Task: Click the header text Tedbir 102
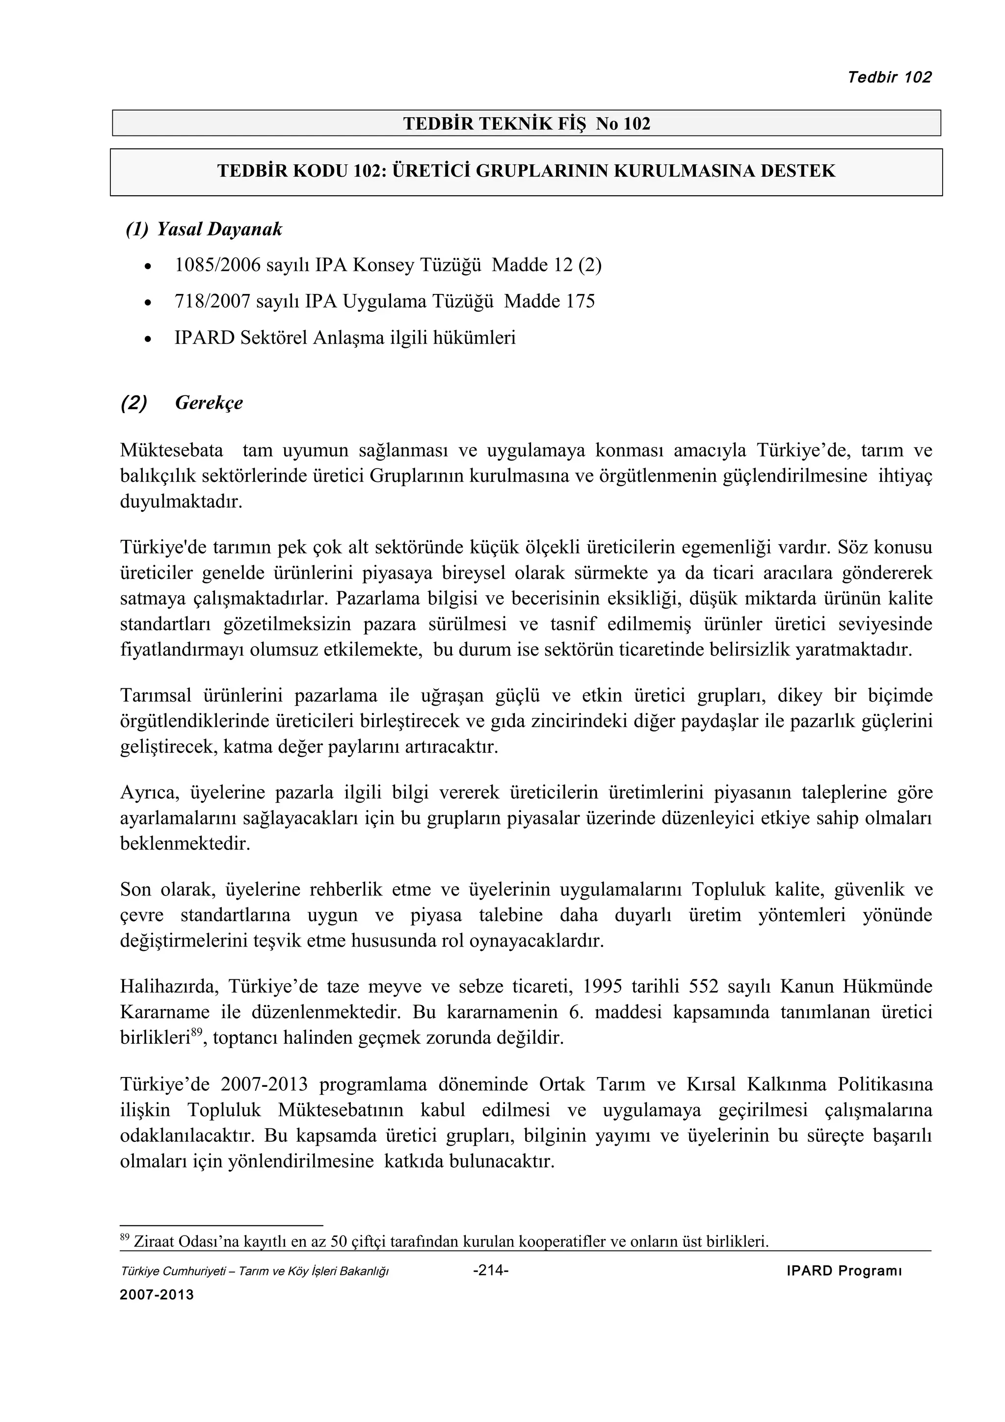pyautogui.click(x=889, y=78)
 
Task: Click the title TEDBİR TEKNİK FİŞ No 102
pyautogui.click(x=527, y=124)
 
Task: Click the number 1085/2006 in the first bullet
pyautogui.click(x=218, y=265)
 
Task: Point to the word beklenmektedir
pyautogui.click(x=185, y=844)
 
